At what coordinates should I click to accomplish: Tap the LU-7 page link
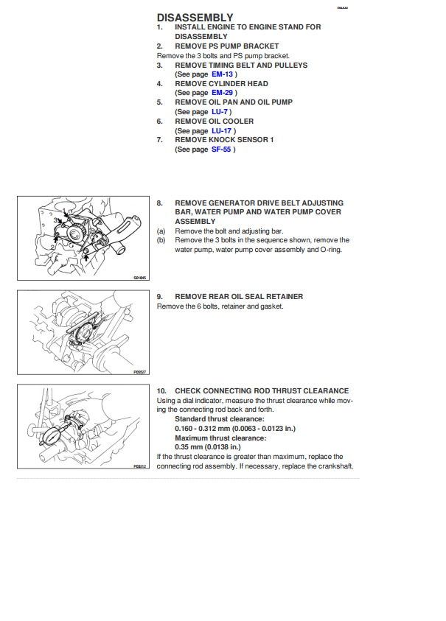(220, 112)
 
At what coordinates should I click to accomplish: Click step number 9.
(160, 297)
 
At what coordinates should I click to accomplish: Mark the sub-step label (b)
(161, 240)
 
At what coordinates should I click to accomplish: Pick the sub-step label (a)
(161, 231)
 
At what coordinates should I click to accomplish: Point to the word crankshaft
(334, 466)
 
